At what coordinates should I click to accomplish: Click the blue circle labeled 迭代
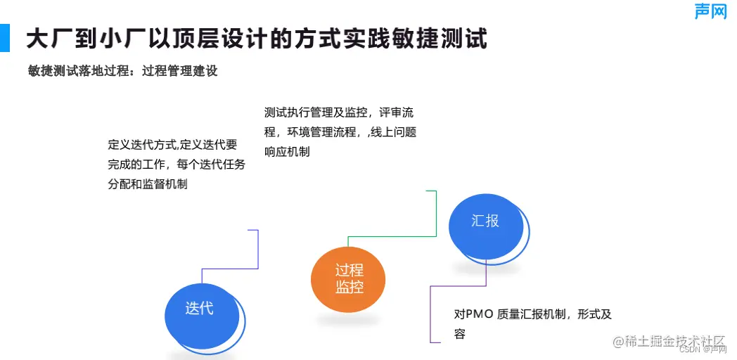(x=200, y=308)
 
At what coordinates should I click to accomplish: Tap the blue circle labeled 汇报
(x=485, y=221)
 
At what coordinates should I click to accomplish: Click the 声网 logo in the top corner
(x=710, y=11)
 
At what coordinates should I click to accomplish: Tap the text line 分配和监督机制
(x=148, y=184)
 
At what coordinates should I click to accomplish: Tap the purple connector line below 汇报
(x=430, y=309)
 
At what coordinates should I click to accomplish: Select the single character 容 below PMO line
(x=460, y=334)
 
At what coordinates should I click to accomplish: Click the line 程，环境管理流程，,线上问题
(x=340, y=132)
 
